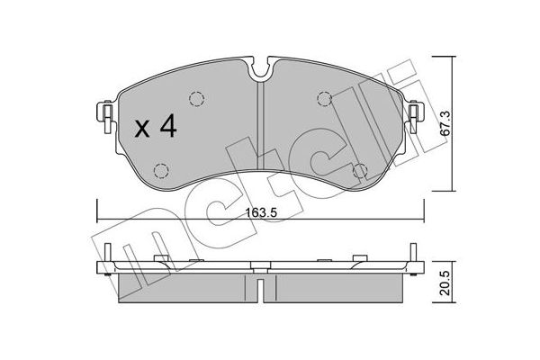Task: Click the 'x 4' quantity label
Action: pyautogui.click(x=154, y=127)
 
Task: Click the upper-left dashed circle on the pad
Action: pyautogui.click(x=196, y=100)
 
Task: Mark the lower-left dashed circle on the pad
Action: pyautogui.click(x=162, y=169)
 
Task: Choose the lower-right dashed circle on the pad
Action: pyautogui.click(x=361, y=169)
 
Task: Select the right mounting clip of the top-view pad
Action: pyautogui.click(x=417, y=114)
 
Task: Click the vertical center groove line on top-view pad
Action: pyautogui.click(x=261, y=135)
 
